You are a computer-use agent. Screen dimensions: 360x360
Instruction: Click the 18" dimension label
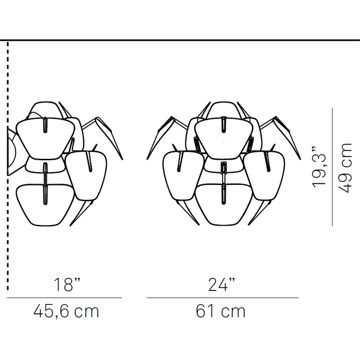point(67,284)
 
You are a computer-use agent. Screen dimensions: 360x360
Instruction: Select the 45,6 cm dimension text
point(66,311)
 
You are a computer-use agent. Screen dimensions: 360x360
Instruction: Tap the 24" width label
point(221,284)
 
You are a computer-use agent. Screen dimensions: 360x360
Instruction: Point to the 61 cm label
point(220,311)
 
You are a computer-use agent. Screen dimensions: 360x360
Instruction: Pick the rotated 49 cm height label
point(344,168)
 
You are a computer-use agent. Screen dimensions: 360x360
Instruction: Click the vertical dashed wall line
point(8,166)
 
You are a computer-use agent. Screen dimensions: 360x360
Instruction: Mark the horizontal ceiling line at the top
point(180,40)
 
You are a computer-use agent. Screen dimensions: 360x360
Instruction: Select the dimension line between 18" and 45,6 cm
point(64,298)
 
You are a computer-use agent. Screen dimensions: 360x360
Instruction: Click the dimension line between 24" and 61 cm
point(223,298)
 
